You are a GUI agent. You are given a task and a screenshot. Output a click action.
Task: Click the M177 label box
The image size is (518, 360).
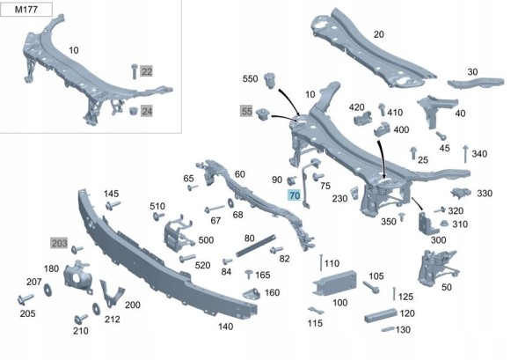(x=26, y=10)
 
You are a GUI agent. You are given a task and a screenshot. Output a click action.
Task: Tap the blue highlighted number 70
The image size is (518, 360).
(x=295, y=195)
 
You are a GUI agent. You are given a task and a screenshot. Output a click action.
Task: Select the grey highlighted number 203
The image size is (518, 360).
(x=59, y=243)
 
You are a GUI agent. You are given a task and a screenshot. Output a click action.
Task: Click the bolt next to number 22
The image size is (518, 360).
(x=135, y=71)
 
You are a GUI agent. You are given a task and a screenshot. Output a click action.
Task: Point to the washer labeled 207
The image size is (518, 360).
(x=48, y=290)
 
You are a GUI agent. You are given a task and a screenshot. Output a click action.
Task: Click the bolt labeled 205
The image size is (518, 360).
(x=26, y=299)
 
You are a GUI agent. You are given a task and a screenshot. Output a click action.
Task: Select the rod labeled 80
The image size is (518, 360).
(x=256, y=245)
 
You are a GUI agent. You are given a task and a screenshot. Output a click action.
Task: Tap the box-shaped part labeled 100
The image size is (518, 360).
(x=335, y=283)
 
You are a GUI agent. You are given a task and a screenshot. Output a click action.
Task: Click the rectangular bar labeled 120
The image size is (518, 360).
(x=381, y=315)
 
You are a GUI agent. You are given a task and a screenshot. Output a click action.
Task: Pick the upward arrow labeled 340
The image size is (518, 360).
(x=465, y=154)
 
